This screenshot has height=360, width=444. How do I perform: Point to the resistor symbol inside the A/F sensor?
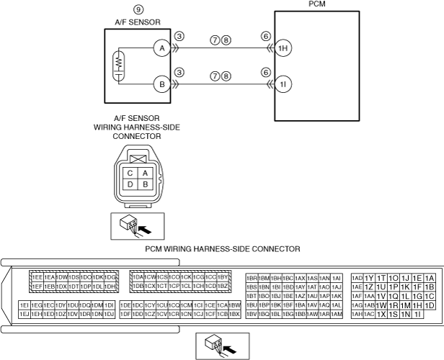click(x=116, y=66)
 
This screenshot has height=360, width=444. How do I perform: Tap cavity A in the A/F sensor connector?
click(x=144, y=173)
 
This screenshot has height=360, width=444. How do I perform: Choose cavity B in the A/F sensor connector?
click(x=144, y=185)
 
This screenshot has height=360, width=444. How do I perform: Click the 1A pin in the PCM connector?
click(x=430, y=278)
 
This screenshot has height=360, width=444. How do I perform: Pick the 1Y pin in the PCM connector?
click(x=369, y=278)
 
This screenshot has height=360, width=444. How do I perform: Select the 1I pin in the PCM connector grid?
click(x=417, y=314)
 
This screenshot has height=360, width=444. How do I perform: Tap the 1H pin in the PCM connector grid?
click(x=417, y=305)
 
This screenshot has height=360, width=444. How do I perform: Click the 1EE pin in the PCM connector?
click(x=36, y=277)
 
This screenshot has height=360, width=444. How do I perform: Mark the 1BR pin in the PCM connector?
click(x=252, y=278)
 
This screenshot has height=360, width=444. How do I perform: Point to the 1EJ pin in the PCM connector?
click(x=24, y=314)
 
